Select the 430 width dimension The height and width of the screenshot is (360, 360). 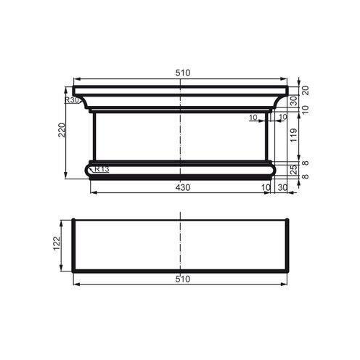[x=181, y=187]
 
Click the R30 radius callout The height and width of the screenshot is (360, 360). [x=71, y=100]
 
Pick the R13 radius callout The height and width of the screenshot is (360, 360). [x=102, y=169]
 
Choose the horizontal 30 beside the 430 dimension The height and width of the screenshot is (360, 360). [x=282, y=187]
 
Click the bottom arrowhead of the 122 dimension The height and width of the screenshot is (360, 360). [x=64, y=270]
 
